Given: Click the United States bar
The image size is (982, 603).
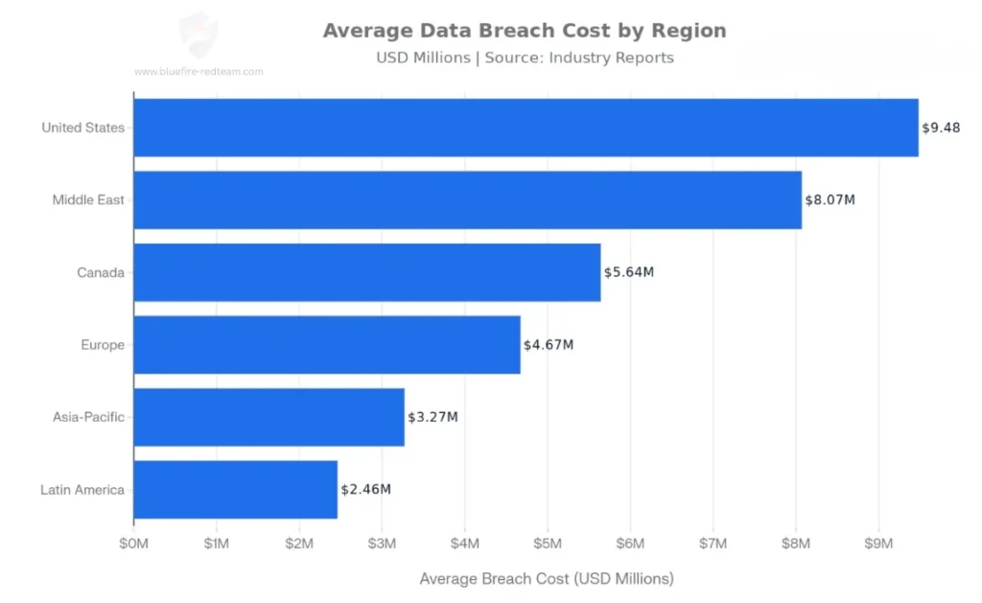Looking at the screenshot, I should point(526,128).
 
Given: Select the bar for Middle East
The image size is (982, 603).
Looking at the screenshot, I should point(467,199).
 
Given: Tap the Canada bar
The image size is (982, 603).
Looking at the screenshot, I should point(366,272).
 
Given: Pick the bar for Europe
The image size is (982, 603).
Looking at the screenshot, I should point(326,344).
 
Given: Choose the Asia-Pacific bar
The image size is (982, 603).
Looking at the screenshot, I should point(269,417).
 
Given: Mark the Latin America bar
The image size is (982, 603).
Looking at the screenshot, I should point(235,489).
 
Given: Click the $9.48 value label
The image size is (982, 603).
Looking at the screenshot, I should point(941,128).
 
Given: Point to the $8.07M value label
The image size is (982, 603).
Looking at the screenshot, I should point(830,199).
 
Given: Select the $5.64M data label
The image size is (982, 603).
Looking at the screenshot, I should point(628,272).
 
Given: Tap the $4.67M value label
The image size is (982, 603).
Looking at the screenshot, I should point(548,344).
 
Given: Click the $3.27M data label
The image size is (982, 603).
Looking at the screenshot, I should point(433,417).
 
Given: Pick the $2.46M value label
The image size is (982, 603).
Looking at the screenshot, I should point(365,489).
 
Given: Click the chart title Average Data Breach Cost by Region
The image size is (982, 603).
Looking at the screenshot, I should point(525,30).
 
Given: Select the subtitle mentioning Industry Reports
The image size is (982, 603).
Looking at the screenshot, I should point(525,58).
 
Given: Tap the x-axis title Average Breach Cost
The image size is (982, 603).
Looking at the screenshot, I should point(547,579).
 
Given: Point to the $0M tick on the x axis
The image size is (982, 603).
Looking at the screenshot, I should point(133,544).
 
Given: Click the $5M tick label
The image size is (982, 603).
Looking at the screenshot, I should point(548,544).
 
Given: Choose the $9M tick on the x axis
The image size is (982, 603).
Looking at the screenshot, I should point(878,544).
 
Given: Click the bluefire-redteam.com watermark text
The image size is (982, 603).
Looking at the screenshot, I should point(199,71).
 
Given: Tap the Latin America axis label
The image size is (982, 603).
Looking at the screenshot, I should point(82,490).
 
